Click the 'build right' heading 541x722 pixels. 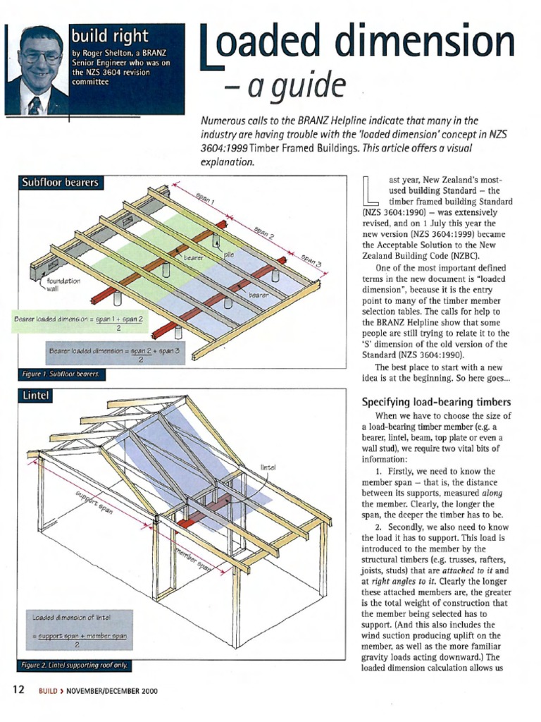point(109,36)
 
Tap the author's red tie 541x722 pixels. point(34,106)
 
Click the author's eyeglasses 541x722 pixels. point(41,57)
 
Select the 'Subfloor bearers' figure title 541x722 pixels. point(59,183)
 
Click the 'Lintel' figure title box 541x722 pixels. point(35,397)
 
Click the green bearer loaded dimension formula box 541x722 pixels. point(80,323)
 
